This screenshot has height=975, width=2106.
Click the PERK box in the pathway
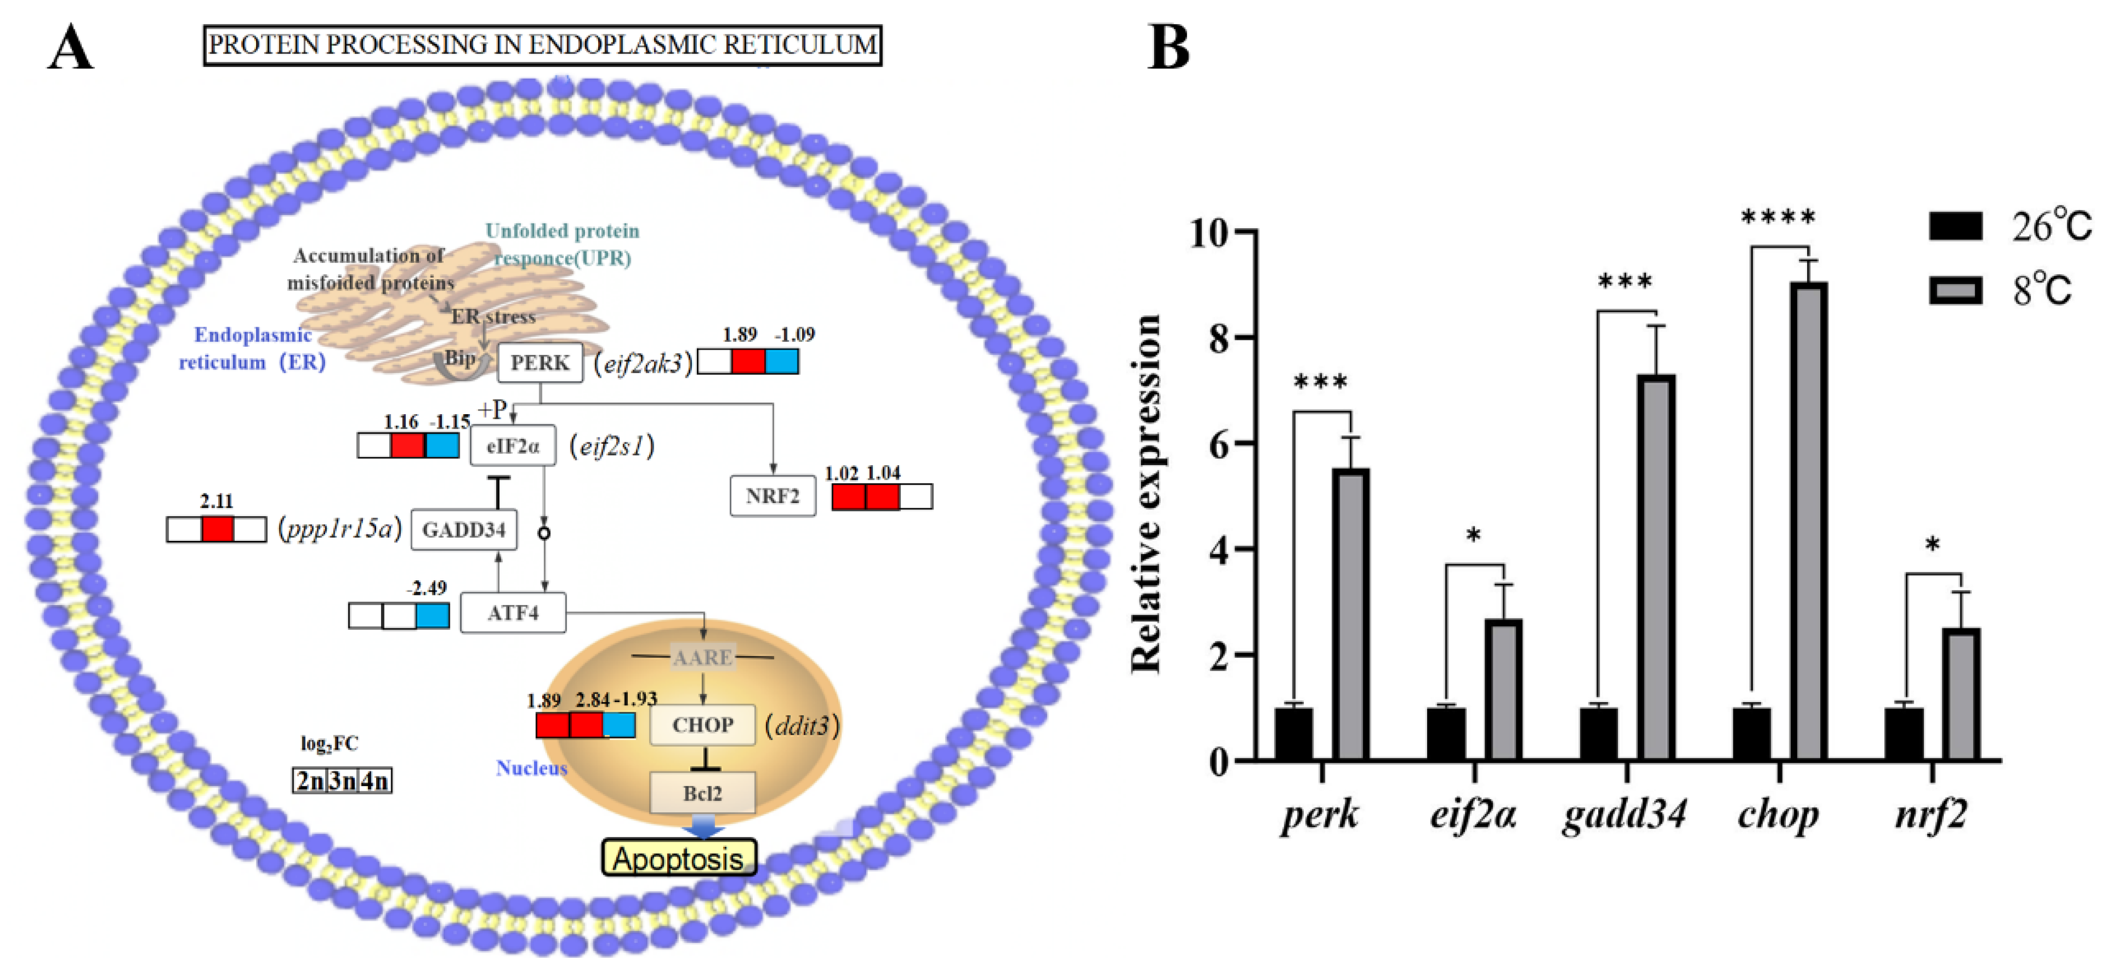click(539, 362)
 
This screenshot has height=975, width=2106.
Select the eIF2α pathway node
click(513, 446)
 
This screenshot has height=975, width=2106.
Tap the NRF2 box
click(772, 496)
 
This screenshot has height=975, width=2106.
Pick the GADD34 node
click(464, 530)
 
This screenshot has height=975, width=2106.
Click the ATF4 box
click(513, 613)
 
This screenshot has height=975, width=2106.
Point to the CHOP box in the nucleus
click(702, 725)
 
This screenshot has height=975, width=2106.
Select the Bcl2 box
click(702, 793)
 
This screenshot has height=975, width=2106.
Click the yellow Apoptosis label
click(678, 858)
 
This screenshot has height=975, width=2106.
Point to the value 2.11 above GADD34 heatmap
click(217, 501)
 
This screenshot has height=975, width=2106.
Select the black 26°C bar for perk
click(1294, 733)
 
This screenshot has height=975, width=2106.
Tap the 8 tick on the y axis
click(1218, 337)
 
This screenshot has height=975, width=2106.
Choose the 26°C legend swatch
click(1955, 226)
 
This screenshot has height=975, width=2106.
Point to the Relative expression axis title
click(1146, 494)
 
